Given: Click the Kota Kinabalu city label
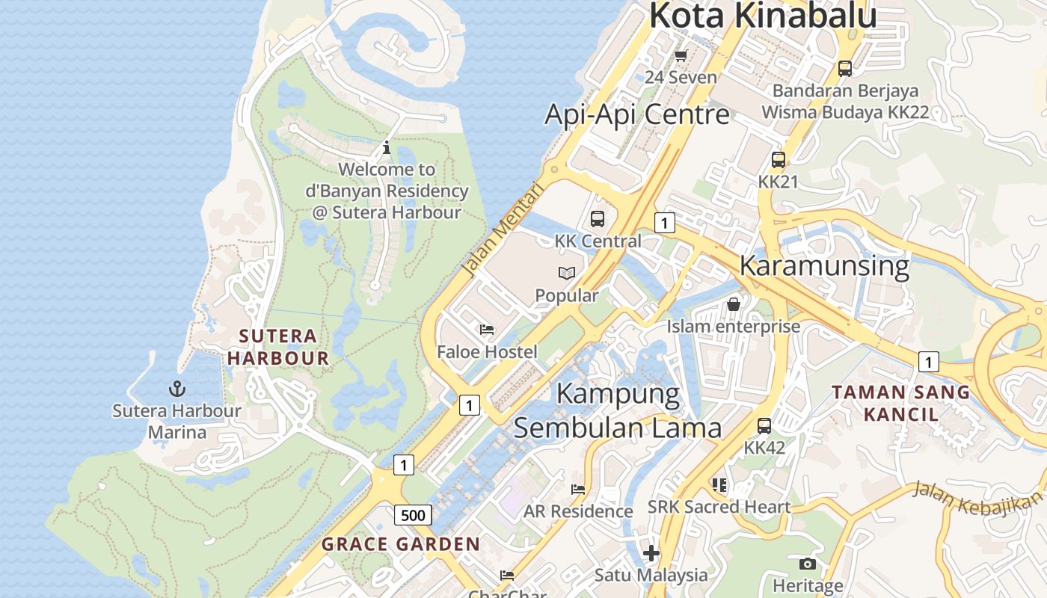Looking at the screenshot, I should tap(762, 16).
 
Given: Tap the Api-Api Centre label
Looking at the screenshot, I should tap(636, 114).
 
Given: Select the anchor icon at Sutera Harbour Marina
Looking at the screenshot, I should tap(177, 389).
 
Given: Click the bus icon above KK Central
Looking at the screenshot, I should tap(597, 218).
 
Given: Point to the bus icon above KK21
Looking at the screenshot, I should tap(778, 159).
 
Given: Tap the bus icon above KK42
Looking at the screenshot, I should tap(764, 426).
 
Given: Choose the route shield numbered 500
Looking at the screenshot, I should tap(412, 515).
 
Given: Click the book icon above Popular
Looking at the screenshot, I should tap(567, 274).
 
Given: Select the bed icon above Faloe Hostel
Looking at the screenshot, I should tap(487, 329).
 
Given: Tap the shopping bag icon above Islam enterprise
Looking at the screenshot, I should tap(733, 304).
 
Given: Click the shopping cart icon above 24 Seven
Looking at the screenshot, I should tap(681, 55).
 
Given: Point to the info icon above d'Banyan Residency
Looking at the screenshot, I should tap(386, 147).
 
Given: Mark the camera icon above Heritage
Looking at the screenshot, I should tap(807, 564).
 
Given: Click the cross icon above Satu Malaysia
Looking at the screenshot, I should tap(651, 553).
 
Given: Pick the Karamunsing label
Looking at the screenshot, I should tap(824, 265).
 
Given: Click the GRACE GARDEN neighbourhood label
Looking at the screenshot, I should tap(401, 544).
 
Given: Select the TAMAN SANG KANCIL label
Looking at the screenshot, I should tap(900, 403).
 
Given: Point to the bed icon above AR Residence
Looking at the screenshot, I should tap(577, 490).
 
